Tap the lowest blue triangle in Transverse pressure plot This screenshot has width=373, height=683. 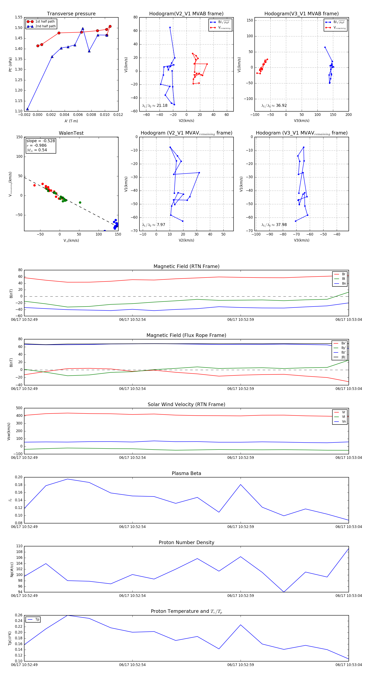(x=27, y=109)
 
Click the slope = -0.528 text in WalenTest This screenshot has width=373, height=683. (x=41, y=141)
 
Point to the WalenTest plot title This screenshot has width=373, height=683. (x=71, y=133)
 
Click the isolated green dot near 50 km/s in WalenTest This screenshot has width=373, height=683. (x=80, y=203)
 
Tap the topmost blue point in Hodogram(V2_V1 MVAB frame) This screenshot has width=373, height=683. (x=170, y=28)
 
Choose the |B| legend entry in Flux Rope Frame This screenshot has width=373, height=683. (x=343, y=357)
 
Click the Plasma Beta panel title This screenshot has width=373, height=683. (x=186, y=473)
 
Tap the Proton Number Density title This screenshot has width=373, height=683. (x=186, y=542)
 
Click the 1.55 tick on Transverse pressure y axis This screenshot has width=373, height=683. (x=19, y=17)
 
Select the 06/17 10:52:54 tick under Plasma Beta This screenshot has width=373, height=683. (x=132, y=527)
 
